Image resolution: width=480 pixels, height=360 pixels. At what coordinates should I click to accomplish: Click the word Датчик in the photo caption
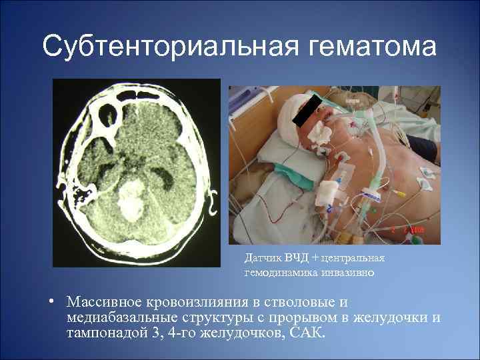click(x=262, y=257)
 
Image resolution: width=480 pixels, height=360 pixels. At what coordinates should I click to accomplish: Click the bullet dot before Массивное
click(x=51, y=301)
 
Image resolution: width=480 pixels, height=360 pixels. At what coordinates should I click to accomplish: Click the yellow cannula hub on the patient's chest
click(x=399, y=193)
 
